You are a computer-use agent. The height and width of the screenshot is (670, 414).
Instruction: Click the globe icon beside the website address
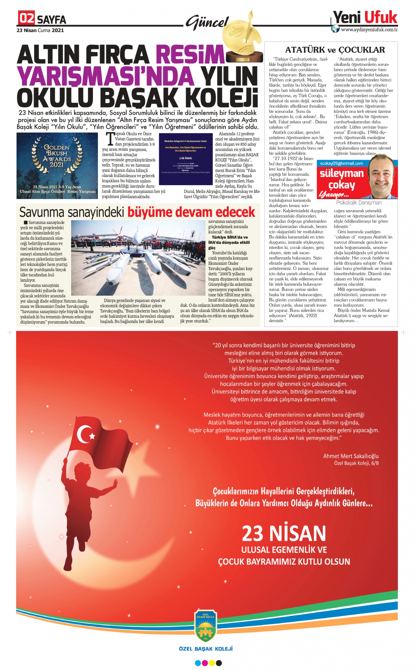[335, 29]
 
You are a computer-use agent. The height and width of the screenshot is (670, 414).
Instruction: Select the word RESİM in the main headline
[190, 55]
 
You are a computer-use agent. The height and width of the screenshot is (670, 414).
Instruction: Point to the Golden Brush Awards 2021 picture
[57, 165]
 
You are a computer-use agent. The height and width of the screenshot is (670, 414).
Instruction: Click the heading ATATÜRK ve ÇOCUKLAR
[335, 50]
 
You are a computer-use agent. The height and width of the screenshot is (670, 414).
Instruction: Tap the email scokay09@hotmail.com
[341, 163]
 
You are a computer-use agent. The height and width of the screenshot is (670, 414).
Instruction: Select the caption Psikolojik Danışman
[358, 203]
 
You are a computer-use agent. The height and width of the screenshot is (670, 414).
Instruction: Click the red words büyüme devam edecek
[191, 212]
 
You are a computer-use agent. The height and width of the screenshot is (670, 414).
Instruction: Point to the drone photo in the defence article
[139, 257]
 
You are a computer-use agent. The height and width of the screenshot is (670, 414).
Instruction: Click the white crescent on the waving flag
[84, 434]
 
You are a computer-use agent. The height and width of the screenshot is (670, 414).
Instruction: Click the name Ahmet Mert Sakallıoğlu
[351, 456]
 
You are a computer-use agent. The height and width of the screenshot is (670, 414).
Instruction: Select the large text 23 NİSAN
[284, 533]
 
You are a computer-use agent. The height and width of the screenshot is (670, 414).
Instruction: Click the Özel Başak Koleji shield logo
[206, 626]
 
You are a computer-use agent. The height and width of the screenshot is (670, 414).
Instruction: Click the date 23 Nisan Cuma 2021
[40, 30]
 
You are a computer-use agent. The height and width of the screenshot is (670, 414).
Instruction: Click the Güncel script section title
[208, 23]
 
